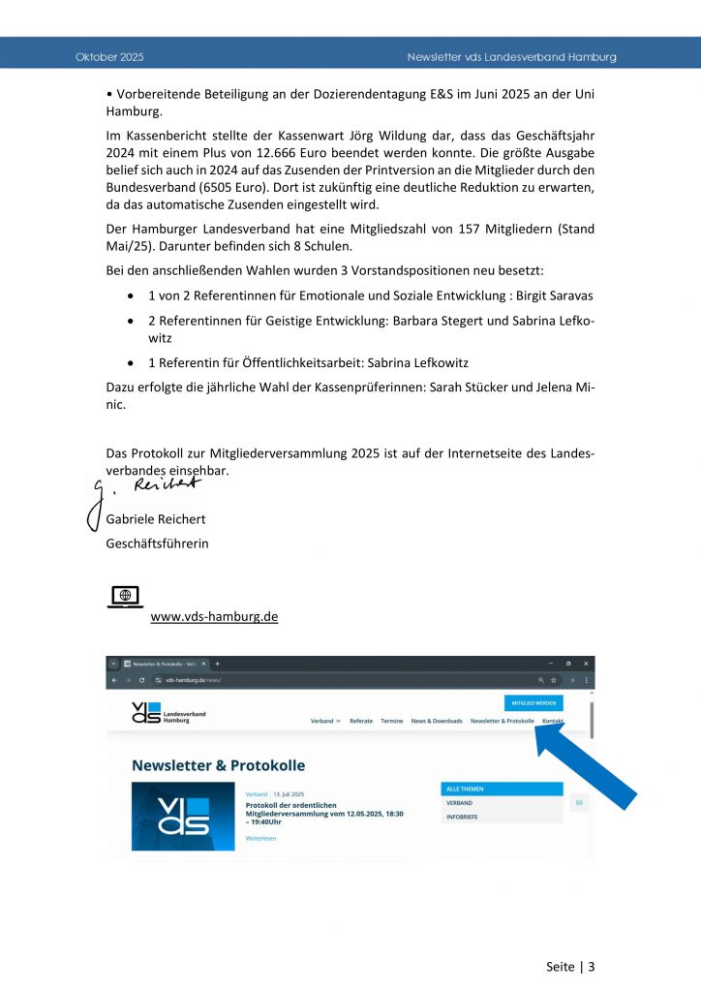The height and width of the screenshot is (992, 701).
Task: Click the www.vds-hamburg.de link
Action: click(x=214, y=616)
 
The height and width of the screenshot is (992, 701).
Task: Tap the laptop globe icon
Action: click(x=125, y=597)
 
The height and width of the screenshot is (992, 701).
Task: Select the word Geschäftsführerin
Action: click(x=157, y=542)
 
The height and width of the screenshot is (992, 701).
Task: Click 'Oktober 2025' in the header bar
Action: click(x=109, y=57)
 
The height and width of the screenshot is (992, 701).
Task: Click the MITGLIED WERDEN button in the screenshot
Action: click(x=533, y=703)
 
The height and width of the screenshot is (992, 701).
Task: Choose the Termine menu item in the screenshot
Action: click(x=391, y=722)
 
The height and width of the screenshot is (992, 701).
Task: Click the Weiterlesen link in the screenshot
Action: click(x=260, y=838)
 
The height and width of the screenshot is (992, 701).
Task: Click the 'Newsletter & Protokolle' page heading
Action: click(x=218, y=765)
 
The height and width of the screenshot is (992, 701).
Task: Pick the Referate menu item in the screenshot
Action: click(x=361, y=722)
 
